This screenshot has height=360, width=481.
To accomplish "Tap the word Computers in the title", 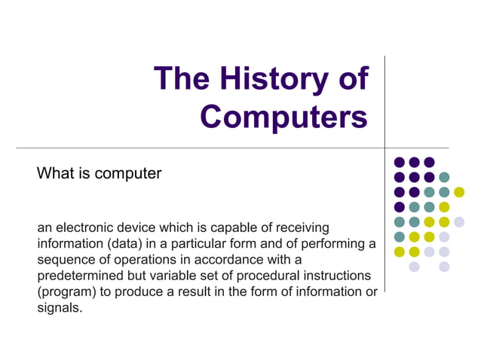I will [x=285, y=117].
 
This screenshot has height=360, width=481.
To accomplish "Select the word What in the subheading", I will [x=54, y=173].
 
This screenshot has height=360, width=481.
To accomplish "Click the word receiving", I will [x=299, y=227].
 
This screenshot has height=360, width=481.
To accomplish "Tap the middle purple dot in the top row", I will [x=414, y=162].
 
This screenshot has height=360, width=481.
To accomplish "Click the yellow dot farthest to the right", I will [x=459, y=192].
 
